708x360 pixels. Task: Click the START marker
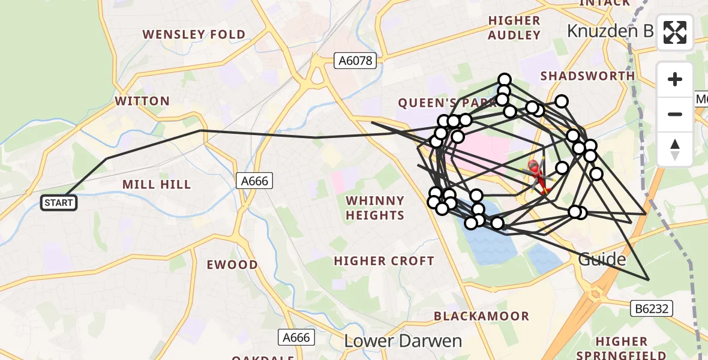59,203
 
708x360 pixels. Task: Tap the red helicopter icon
538,176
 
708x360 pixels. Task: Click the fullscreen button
675,32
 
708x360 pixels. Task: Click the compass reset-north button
675,149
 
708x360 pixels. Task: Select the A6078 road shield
355,61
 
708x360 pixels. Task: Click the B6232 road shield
652,309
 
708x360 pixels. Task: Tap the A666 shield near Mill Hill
255,180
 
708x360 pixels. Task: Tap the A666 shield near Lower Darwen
296,337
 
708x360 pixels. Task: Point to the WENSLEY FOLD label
194,34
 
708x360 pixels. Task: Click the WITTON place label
142,101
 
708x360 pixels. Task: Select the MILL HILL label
157,184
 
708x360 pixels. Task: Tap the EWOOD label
232,265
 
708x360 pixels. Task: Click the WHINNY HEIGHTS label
375,208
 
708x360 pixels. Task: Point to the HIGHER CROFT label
384,261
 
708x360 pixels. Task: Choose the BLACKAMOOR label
482,316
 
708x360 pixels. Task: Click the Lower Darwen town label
403,341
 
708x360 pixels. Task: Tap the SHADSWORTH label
587,76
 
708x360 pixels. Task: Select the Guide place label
602,259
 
